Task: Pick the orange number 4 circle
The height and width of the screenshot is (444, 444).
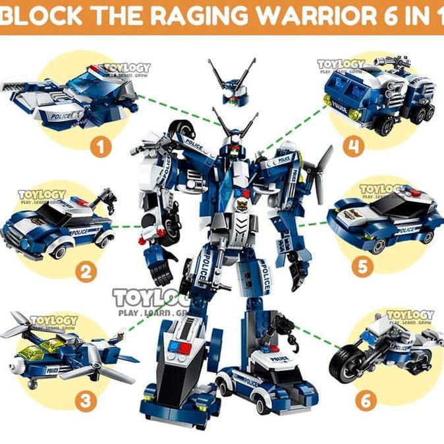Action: tap(354, 147)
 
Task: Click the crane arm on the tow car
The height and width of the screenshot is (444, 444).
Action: tap(102, 198)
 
